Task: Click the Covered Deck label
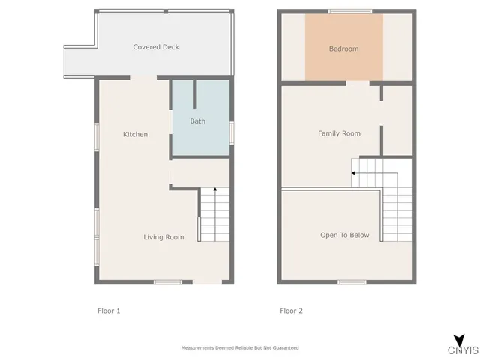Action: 156,47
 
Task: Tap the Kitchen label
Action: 135,135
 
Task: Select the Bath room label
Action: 197,121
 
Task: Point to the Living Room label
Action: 163,237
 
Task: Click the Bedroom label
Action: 343,49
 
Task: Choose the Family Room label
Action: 339,133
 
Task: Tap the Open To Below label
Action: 345,235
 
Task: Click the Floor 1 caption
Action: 109,310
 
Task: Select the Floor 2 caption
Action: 291,310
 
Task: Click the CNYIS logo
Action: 463,346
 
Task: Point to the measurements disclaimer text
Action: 240,347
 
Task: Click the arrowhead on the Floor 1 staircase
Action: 215,190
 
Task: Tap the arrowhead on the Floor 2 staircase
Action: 352,173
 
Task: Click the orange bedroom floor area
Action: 344,64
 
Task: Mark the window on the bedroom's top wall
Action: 349,11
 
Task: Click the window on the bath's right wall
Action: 232,132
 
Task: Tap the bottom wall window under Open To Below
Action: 351,282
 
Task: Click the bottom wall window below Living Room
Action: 168,282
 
